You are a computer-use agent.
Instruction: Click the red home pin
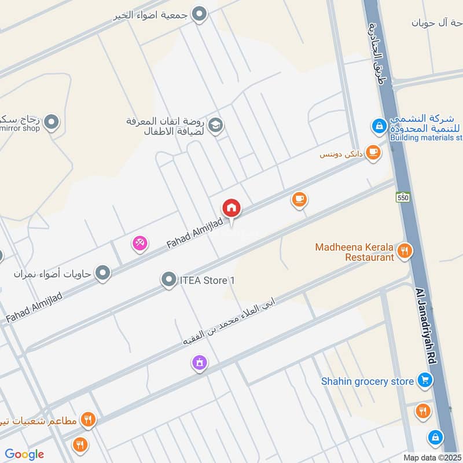pos(231,208)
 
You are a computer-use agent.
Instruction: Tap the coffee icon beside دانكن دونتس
pos(373,153)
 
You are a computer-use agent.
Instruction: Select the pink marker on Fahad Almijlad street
pos(139,243)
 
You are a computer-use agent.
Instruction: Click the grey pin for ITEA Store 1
pos(169,281)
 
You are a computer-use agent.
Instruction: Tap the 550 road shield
pos(403,197)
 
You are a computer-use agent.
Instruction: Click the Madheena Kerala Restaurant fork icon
pos(405,251)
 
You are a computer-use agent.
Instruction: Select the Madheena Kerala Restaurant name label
pos(354,252)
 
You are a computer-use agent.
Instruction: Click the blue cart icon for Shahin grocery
pos(425,381)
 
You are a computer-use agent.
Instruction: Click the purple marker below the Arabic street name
pos(200,363)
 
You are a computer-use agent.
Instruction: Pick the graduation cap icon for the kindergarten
pos(216,125)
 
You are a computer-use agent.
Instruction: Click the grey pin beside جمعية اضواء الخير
pos(200,14)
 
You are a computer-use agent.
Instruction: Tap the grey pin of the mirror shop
pos(52,122)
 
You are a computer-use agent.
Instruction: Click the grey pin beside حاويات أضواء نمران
pos(103,272)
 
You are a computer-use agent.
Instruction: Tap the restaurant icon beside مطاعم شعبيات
pos(87,419)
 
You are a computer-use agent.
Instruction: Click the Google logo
pos(24,454)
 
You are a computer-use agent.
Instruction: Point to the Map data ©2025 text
pos(431,457)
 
